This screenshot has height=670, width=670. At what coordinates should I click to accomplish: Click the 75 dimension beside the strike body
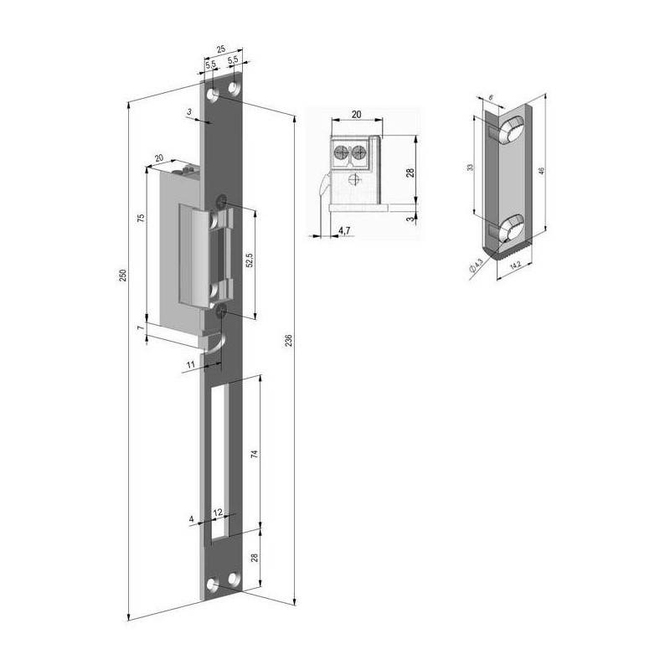point(142,219)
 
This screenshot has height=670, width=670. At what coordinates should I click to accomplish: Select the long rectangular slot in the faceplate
point(224,456)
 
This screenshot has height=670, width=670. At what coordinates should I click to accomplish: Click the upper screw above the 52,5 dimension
point(221,201)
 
